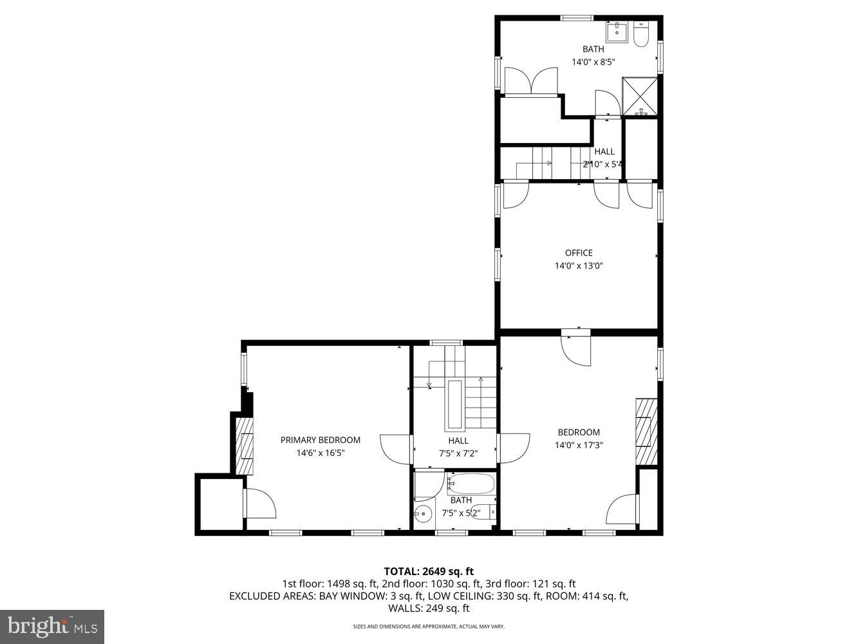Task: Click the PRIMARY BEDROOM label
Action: click(x=320, y=440)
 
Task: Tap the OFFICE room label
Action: click(x=579, y=253)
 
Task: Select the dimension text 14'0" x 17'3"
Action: click(x=579, y=445)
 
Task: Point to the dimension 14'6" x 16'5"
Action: click(x=320, y=453)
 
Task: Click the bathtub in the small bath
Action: click(x=471, y=484)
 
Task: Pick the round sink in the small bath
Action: click(x=423, y=514)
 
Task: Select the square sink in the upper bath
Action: click(x=617, y=30)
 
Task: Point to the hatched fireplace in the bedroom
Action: click(x=646, y=431)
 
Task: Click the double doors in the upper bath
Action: click(x=531, y=81)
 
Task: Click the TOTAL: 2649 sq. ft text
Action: click(x=429, y=571)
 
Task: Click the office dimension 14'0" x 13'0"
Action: click(x=579, y=266)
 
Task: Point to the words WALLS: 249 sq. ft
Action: click(x=429, y=608)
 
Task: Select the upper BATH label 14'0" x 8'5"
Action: click(x=593, y=55)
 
